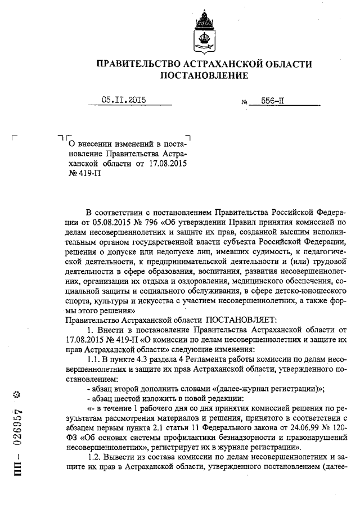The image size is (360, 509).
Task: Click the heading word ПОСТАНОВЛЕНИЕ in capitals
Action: point(204,75)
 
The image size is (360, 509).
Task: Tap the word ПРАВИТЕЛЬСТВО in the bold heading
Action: point(142,63)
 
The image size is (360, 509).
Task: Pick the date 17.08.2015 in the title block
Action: point(167,164)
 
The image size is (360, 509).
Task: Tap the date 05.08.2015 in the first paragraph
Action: point(107,221)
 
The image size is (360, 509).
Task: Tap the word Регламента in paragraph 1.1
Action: point(205,359)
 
